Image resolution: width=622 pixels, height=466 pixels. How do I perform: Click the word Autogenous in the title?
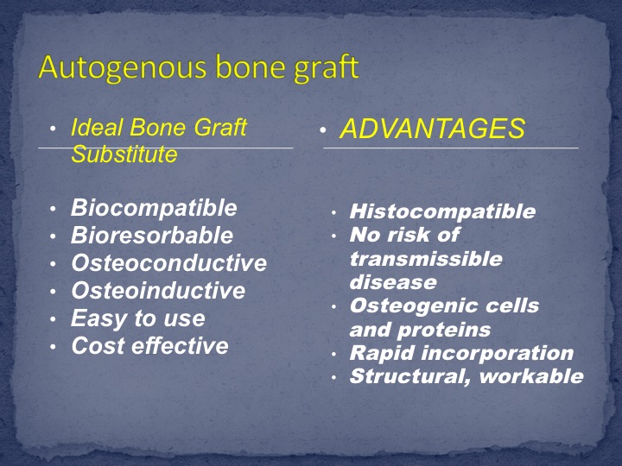click(124, 68)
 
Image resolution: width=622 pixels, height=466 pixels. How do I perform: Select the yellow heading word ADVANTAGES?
click(433, 129)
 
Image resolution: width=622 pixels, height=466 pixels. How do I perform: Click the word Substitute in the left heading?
click(124, 154)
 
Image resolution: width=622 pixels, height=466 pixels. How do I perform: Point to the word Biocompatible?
click(154, 208)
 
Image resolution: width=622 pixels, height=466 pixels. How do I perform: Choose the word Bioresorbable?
click(152, 236)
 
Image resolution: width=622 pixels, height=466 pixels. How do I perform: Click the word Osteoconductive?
click(169, 263)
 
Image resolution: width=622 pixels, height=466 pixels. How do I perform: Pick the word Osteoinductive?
click(158, 291)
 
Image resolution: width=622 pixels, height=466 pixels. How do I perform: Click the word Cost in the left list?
click(98, 345)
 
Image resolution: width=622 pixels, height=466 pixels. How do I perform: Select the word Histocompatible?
click(442, 211)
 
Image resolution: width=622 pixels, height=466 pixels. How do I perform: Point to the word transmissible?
click(426, 259)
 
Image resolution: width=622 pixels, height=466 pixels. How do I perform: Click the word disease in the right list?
click(393, 282)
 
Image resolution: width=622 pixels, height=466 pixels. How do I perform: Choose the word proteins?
click(444, 331)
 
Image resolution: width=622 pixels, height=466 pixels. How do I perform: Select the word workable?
click(531, 376)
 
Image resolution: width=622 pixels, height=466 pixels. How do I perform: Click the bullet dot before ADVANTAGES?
click(323, 130)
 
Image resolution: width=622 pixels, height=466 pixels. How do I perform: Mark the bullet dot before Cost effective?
click(54, 347)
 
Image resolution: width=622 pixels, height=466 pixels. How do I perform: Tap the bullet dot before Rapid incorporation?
click(334, 355)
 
